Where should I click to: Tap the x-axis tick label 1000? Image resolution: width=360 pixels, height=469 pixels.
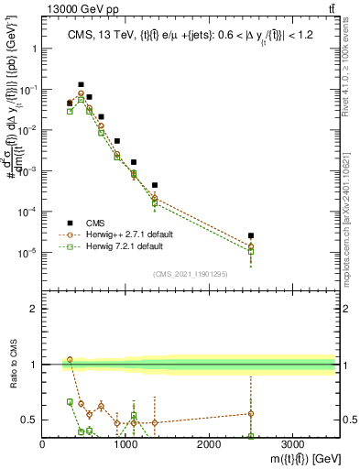tap(125, 444)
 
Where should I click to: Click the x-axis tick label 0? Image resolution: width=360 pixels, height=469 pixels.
tap(43, 444)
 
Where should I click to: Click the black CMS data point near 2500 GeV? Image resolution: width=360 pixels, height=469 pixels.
tap(251, 235)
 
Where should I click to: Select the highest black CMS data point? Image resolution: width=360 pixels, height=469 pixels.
tap(81, 84)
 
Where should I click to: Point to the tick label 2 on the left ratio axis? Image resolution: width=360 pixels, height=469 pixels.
tap(32, 309)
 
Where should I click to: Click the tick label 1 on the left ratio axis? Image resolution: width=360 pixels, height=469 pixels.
tap(32, 365)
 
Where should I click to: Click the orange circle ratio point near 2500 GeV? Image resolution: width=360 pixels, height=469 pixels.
tap(251, 413)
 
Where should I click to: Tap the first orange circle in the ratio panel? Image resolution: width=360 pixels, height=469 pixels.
tap(70, 360)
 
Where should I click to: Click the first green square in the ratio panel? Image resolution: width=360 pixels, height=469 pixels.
tap(70, 402)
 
